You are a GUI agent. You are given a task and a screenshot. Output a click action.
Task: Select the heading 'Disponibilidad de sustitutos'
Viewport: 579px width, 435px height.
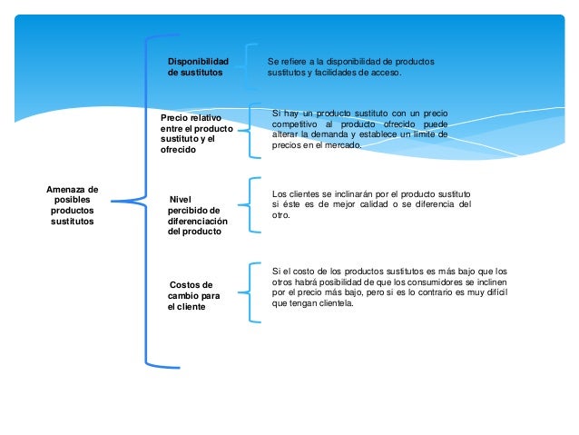coord(198,66)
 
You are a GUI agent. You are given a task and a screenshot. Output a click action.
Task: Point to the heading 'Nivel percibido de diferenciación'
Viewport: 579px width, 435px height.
coord(199,215)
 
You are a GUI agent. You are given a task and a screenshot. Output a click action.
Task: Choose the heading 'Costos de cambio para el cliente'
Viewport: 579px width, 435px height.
coord(193,295)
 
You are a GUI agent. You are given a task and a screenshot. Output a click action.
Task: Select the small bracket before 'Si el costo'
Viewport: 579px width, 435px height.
coord(251,292)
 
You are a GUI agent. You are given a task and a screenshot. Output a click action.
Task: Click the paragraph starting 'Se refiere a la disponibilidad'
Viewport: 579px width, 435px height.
coord(350,66)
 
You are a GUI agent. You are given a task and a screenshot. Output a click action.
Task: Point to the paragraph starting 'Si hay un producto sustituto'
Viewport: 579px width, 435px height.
coord(359,129)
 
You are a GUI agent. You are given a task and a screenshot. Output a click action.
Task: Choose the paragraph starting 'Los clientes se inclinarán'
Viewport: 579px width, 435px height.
coord(371,204)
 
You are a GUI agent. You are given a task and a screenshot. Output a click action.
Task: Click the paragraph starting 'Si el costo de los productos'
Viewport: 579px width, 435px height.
coord(389,287)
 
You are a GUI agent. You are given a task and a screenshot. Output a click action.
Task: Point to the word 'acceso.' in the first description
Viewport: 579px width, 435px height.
coord(381,72)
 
